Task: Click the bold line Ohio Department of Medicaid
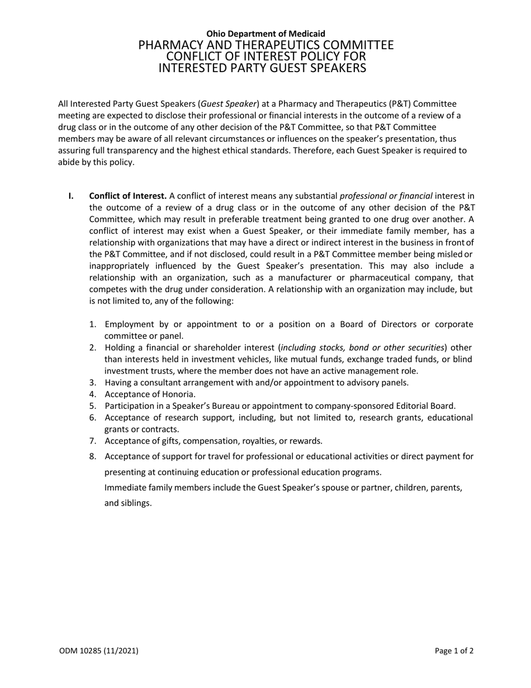(265, 34)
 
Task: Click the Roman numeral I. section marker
(71, 196)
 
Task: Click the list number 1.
(93, 324)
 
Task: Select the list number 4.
(93, 394)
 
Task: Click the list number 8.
(93, 456)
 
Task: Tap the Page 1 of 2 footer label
(454, 651)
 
